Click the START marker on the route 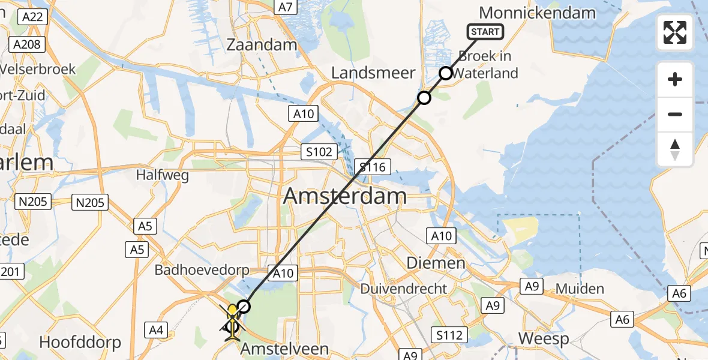pos(485,32)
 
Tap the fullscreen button pos(675,32)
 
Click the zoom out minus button pos(675,114)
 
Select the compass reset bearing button pos(675,149)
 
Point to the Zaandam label pos(262,45)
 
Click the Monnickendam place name pos(537,13)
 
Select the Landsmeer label pos(373,73)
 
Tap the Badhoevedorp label pos(202,270)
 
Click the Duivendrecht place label pos(403,289)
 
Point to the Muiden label pos(580,289)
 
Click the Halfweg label pos(162,175)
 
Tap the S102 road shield pos(319,152)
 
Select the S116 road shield pos(372,166)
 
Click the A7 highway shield pos(286,7)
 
